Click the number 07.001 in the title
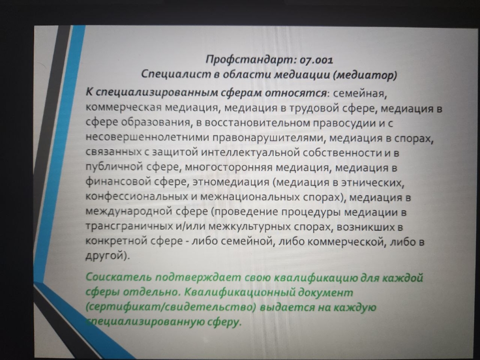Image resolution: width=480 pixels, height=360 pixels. (316, 60)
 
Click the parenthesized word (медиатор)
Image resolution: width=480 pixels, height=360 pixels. (365, 75)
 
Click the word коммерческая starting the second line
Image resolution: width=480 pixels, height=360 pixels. (123, 108)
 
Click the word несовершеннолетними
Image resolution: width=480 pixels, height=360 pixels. (147, 137)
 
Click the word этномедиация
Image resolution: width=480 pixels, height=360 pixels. (231, 182)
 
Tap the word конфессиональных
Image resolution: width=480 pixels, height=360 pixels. (136, 196)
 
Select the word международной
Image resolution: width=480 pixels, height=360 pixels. (129, 211)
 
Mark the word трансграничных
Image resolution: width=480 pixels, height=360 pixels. (128, 226)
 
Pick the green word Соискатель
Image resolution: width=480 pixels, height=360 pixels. (118, 277)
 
